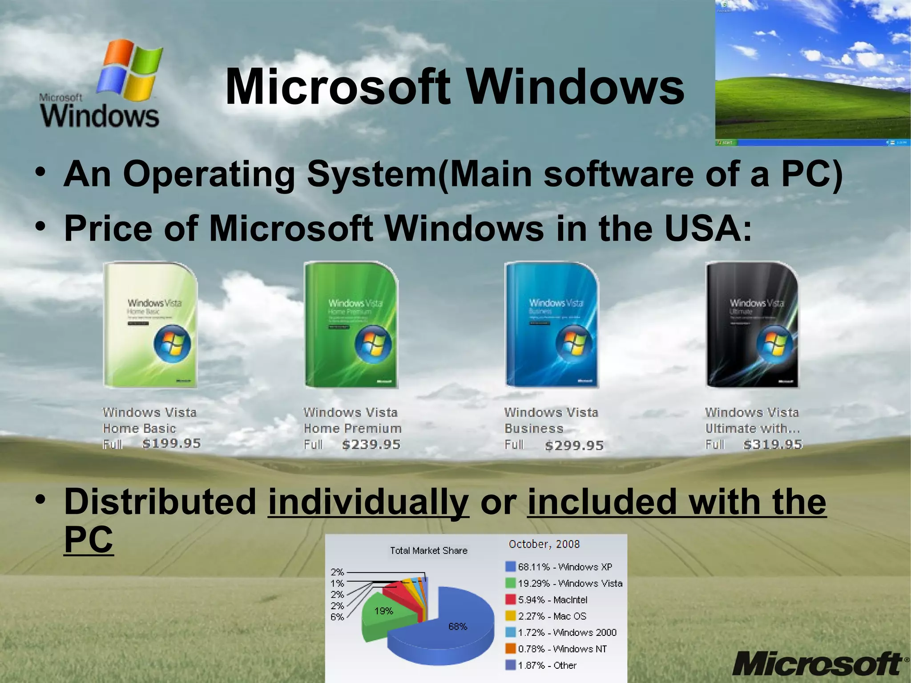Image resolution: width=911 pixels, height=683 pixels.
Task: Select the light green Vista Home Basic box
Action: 150,325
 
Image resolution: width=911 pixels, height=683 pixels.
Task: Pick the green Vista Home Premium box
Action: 351,325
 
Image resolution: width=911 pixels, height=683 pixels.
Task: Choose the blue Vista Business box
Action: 552,325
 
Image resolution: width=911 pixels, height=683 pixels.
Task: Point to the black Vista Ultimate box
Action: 752,325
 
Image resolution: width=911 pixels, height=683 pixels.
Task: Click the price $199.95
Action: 171,444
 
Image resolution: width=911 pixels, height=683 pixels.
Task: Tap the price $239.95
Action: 371,445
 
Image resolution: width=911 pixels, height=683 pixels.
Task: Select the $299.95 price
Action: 574,445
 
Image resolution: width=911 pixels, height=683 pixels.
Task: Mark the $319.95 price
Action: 773,445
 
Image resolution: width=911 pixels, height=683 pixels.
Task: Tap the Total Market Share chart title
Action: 428,550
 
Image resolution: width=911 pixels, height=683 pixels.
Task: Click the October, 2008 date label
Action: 544,544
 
